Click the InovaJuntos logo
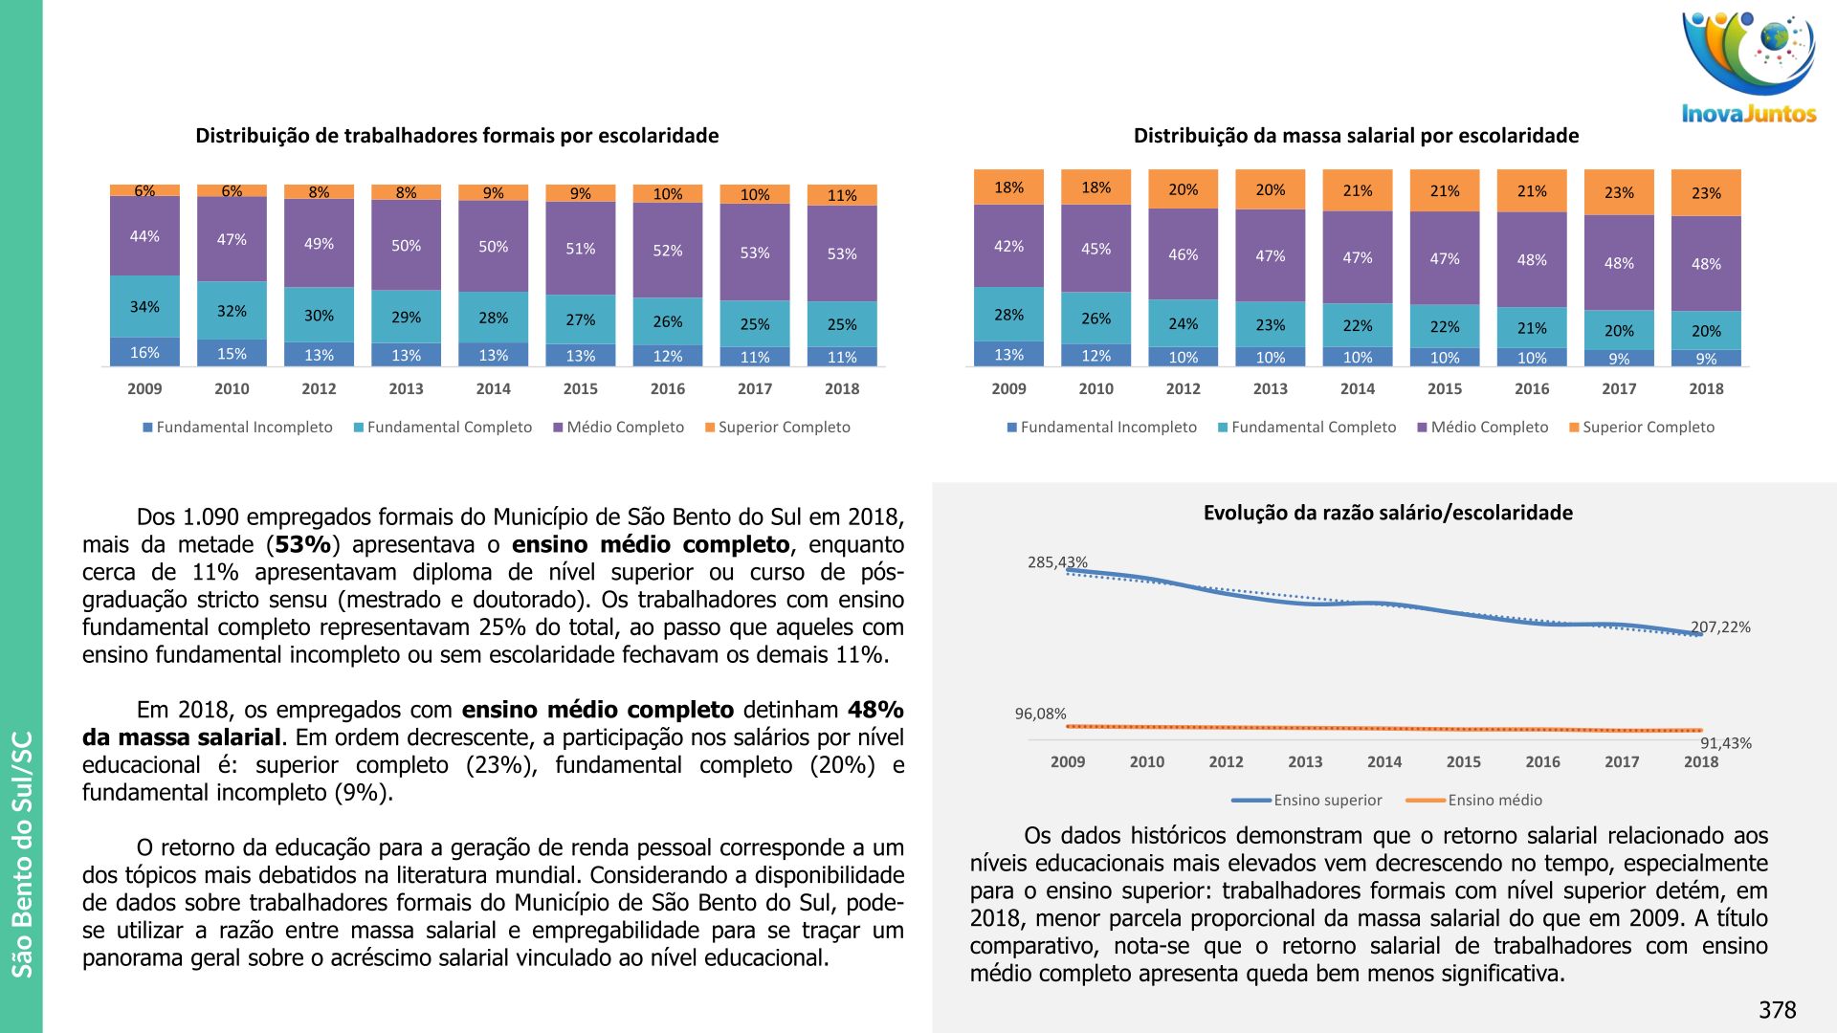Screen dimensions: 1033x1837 1749,67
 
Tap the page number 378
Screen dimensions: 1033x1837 1777,1010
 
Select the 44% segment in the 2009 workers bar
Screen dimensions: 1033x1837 144,236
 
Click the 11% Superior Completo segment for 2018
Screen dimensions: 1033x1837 842,195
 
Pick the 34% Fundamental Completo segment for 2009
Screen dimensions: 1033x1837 144,307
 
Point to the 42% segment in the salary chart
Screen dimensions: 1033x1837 1008,246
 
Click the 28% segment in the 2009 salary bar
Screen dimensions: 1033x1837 1008,315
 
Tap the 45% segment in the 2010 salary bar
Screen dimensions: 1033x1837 1096,249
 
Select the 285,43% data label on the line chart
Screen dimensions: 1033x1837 1057,562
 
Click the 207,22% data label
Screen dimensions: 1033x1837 1720,627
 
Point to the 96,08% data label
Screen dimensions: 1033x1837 1040,714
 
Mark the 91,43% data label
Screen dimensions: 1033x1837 1725,743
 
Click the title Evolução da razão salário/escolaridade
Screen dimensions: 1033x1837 1387,513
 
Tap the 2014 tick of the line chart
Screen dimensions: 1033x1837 1383,762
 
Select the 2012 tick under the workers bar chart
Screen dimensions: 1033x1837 319,389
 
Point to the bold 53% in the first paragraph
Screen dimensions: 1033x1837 303,545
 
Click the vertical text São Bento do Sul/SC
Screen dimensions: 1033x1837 22,854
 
